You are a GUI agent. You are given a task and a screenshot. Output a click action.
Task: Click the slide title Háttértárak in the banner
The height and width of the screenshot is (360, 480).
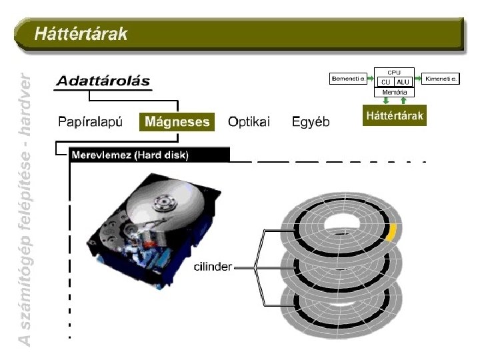(81, 33)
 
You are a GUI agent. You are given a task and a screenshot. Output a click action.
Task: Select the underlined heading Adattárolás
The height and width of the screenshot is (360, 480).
(103, 81)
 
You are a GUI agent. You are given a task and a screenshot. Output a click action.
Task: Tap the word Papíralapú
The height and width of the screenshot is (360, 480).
(91, 122)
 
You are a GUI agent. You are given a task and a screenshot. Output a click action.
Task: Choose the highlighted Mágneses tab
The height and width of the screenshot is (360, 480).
(177, 122)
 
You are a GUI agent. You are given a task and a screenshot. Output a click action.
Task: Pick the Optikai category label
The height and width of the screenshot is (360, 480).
(249, 122)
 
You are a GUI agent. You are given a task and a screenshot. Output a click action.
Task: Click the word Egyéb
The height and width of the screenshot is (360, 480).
(311, 122)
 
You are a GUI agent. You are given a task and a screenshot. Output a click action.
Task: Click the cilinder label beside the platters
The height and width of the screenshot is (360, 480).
(212, 267)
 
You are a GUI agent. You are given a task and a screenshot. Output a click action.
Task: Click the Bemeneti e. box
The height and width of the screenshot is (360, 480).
(348, 79)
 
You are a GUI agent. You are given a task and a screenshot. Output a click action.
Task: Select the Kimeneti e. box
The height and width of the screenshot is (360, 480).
(441, 79)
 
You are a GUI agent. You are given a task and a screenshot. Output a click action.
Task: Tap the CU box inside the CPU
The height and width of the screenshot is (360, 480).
(385, 82)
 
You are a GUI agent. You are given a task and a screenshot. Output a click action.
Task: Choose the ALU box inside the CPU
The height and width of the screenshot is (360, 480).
(403, 82)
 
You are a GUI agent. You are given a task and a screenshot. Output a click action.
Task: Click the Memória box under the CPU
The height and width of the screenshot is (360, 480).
(394, 92)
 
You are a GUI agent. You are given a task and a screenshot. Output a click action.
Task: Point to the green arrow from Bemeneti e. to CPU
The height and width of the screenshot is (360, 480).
(370, 79)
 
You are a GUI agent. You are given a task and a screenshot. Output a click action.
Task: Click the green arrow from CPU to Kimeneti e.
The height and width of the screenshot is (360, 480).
(419, 79)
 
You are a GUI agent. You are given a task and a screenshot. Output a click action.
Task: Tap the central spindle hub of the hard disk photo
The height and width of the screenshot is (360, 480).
(162, 201)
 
